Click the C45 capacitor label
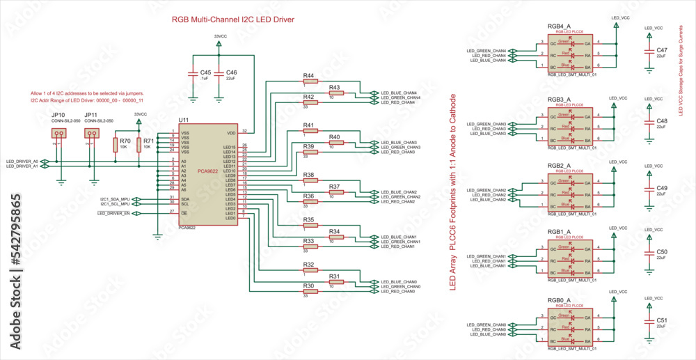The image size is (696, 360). coord(205,72)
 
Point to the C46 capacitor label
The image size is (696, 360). coord(232,72)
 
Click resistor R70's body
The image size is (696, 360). coord(116,144)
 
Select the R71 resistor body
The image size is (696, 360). coord(139,144)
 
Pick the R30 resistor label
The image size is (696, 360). coord(308,286)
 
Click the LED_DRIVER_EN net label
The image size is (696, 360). coord(113,214)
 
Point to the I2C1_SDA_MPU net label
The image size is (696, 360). coord(116,198)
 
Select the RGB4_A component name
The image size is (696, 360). coord(560,26)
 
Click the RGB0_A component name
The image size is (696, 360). coord(560,300)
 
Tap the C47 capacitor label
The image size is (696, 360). coord(662,50)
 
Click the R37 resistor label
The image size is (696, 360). coord(334,187)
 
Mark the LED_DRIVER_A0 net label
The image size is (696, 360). coord(22,161)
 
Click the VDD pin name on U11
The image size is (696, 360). coord(231,132)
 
